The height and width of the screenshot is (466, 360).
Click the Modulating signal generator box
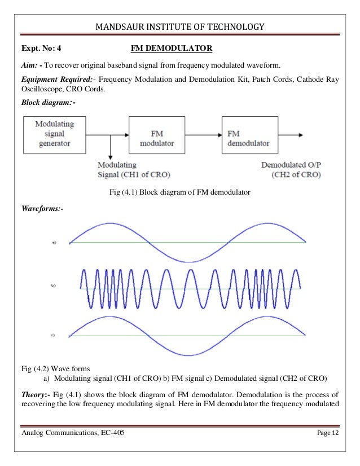tap(54, 135)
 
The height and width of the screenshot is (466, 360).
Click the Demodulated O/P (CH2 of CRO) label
tap(291, 170)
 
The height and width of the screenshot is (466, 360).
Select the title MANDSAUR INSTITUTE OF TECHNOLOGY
tap(180, 27)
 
